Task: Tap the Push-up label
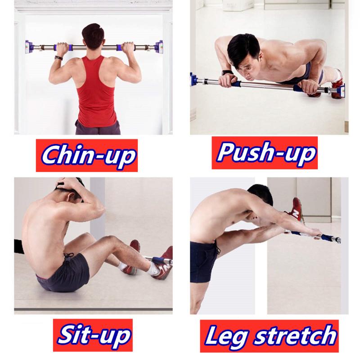tap(265, 153)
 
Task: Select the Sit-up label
tap(93, 335)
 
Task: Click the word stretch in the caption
tap(296, 335)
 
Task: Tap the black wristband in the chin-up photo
tap(59, 58)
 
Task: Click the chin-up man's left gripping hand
tap(62, 49)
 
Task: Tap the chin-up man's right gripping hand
tap(128, 49)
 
